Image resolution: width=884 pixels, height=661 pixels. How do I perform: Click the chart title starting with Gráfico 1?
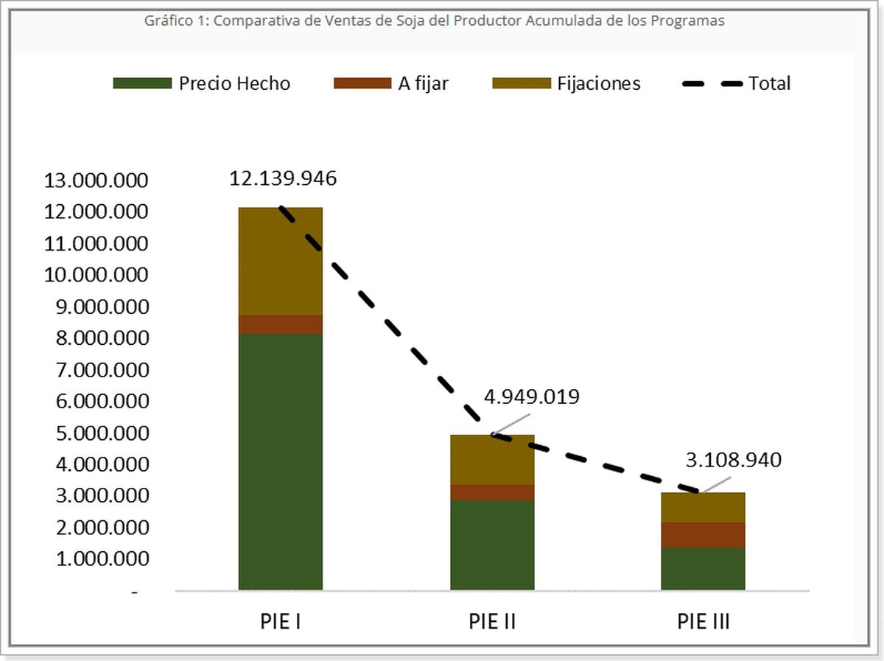tap(435, 21)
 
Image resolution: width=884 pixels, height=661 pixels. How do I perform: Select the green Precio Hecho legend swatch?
tap(141, 83)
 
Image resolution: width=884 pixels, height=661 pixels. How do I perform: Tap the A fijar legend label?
tap(423, 83)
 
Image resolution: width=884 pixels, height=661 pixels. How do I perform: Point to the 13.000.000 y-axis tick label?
tap(97, 181)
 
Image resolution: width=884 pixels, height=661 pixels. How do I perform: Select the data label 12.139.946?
tap(283, 178)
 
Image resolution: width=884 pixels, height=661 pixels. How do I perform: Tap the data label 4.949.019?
tap(531, 397)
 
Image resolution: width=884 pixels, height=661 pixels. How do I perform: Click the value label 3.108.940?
tap(733, 461)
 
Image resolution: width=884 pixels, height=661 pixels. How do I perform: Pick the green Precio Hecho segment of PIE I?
tap(281, 461)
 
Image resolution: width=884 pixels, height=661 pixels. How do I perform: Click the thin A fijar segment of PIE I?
tap(281, 324)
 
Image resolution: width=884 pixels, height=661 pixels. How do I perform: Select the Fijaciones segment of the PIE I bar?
tap(281, 261)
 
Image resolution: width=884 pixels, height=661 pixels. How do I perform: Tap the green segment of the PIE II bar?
tap(492, 545)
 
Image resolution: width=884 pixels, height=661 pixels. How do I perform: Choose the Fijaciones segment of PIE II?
tap(492, 460)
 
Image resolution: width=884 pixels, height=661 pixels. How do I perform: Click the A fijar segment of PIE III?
tap(703, 535)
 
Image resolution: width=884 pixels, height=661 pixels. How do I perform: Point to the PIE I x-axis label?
tap(281, 621)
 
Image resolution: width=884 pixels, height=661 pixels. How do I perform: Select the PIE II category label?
tap(492, 621)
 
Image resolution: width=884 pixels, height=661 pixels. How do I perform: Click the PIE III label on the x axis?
tap(704, 621)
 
